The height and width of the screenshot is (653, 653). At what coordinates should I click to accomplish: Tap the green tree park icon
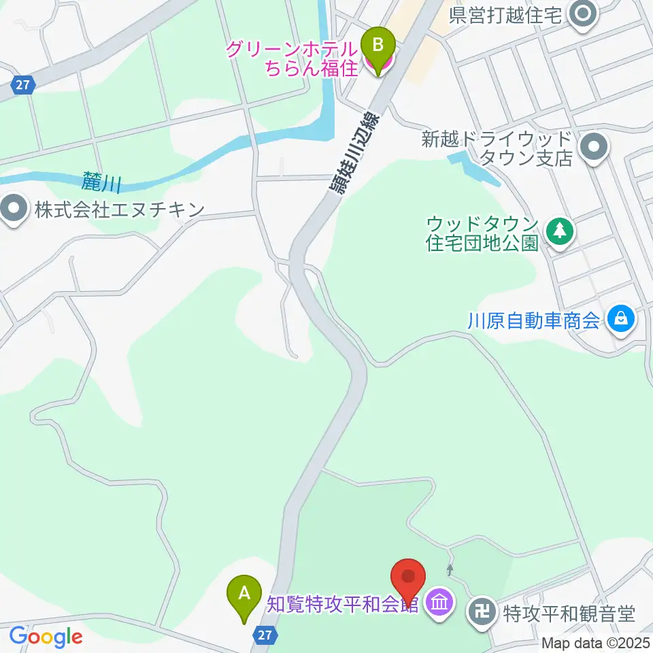point(559,231)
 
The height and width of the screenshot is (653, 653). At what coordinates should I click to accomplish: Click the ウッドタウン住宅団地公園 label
point(483,233)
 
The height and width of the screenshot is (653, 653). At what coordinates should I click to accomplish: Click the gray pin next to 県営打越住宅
point(582,14)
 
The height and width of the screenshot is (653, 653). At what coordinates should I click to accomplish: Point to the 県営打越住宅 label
point(507,15)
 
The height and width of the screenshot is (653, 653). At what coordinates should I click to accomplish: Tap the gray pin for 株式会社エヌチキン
point(14,209)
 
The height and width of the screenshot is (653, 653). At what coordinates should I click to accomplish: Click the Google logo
point(46,636)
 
